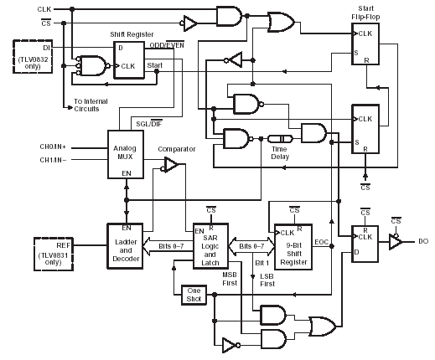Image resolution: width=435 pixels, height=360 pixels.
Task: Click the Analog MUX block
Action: click(126, 154)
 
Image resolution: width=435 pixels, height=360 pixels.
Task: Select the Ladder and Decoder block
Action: click(125, 246)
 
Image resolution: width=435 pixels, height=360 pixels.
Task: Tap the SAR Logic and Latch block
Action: click(210, 246)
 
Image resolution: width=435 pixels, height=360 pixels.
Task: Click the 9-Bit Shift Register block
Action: click(293, 247)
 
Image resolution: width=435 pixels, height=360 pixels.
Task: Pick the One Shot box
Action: click(194, 295)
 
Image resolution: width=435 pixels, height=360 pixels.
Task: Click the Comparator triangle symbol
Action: click(171, 165)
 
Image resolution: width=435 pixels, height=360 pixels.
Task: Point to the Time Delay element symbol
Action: click(280, 139)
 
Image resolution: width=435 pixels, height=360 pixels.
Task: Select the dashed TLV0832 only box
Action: click(33, 57)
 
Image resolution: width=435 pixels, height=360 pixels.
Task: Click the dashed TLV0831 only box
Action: click(54, 254)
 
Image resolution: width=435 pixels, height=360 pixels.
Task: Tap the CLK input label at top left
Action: click(44, 9)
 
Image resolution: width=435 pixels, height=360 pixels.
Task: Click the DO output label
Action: click(423, 241)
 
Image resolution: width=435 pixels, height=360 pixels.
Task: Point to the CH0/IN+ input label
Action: click(53, 147)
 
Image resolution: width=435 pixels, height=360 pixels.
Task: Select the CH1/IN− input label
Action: click(53, 160)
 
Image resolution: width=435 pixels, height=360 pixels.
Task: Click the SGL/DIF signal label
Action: click(149, 124)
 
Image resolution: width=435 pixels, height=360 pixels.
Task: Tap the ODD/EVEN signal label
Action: click(167, 44)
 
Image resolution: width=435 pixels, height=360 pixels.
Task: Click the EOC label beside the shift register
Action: click(321, 242)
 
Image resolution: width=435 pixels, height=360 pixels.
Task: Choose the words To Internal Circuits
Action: click(91, 105)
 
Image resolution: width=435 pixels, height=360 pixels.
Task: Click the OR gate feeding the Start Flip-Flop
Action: click(282, 22)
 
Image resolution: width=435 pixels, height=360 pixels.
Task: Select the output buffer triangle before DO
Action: click(396, 242)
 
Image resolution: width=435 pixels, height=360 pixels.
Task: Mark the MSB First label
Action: click(230, 279)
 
